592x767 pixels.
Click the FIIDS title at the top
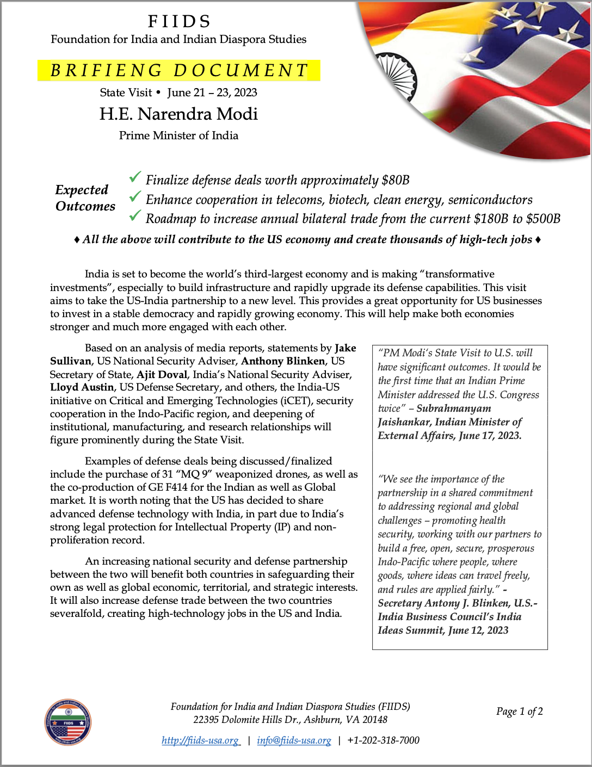click(x=179, y=21)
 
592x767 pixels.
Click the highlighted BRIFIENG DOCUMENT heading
click(x=179, y=71)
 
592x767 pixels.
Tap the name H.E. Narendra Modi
click(x=178, y=114)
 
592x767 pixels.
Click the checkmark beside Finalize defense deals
click(x=135, y=177)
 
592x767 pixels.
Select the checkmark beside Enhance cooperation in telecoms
click(x=135, y=196)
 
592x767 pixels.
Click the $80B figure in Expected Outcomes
click(x=395, y=180)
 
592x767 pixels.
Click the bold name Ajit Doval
click(x=162, y=374)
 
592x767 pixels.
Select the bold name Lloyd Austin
click(x=82, y=387)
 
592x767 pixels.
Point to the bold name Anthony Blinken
click(x=283, y=361)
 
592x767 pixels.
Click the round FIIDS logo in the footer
click(x=68, y=722)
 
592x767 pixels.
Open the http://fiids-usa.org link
click(x=200, y=740)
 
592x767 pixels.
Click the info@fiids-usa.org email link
click(x=294, y=740)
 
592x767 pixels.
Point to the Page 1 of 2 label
click(x=519, y=712)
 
